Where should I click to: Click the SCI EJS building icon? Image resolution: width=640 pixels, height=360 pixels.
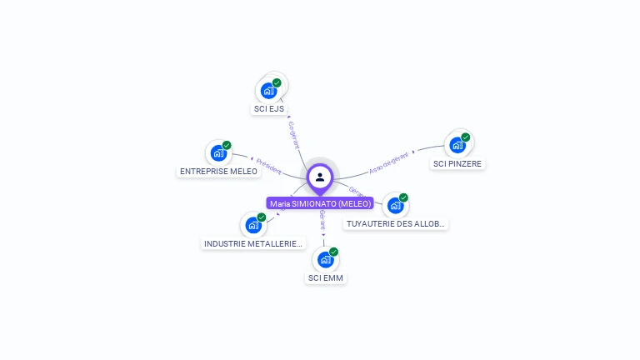268,90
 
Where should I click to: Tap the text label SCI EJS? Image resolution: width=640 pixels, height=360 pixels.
269,109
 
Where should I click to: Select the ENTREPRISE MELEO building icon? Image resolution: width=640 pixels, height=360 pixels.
218,152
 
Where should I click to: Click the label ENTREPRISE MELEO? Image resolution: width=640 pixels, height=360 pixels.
219,172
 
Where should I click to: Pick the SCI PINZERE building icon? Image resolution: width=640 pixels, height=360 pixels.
457,145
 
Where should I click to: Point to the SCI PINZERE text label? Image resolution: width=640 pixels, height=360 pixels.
457,164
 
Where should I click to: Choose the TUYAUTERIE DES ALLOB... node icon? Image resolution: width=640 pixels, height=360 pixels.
396,205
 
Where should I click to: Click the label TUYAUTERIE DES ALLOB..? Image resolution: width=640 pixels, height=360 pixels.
396,224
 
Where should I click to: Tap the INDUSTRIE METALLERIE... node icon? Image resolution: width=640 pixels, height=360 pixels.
253,225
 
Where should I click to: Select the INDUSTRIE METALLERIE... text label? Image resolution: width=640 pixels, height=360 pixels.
253,244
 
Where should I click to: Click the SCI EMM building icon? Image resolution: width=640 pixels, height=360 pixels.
326,259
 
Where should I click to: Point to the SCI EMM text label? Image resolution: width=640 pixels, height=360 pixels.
326,278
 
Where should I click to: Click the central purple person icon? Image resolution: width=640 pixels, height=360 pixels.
320,177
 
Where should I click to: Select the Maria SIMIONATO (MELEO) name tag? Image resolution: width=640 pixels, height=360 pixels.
320,203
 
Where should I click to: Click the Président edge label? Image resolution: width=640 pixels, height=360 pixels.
269,165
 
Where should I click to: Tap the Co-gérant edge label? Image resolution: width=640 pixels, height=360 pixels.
293,136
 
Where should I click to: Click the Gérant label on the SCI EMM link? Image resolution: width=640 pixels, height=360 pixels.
322,221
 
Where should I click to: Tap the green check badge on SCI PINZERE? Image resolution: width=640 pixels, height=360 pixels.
466,137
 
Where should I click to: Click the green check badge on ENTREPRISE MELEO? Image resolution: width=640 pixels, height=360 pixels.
227,145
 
